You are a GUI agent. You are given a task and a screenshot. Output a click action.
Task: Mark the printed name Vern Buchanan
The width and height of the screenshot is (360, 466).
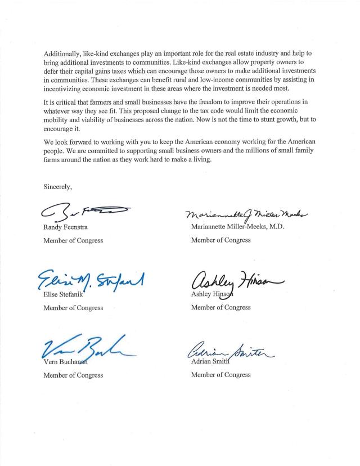[66, 362]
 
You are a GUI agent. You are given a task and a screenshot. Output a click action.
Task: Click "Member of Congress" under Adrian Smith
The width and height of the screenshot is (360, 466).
[221, 375]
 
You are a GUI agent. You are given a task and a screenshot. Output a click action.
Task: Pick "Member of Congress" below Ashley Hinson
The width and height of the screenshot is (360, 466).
[221, 308]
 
